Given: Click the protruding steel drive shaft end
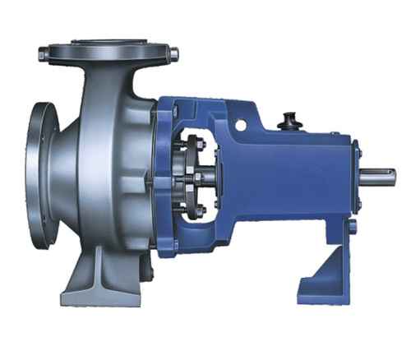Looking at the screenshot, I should pyautogui.click(x=379, y=176).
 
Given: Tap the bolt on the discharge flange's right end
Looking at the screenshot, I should pyautogui.click(x=173, y=54).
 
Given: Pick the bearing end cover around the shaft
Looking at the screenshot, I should pyautogui.click(x=357, y=175).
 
